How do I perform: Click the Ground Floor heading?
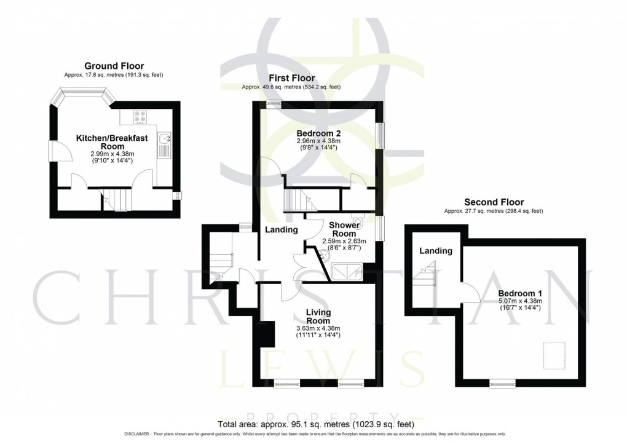coord(114,66)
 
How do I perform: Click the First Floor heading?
coord(291,78)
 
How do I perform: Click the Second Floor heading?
coord(494,202)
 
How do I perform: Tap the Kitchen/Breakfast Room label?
coord(111,143)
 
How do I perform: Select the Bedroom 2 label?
coord(318,133)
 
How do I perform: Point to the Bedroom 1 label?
coord(519,293)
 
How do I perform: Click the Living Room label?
coord(318,317)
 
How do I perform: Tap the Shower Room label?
coord(344,229)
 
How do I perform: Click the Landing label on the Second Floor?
coord(435,250)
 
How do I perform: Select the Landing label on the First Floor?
coord(282,230)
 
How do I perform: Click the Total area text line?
coord(316,424)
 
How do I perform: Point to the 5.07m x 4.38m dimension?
coord(519,301)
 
